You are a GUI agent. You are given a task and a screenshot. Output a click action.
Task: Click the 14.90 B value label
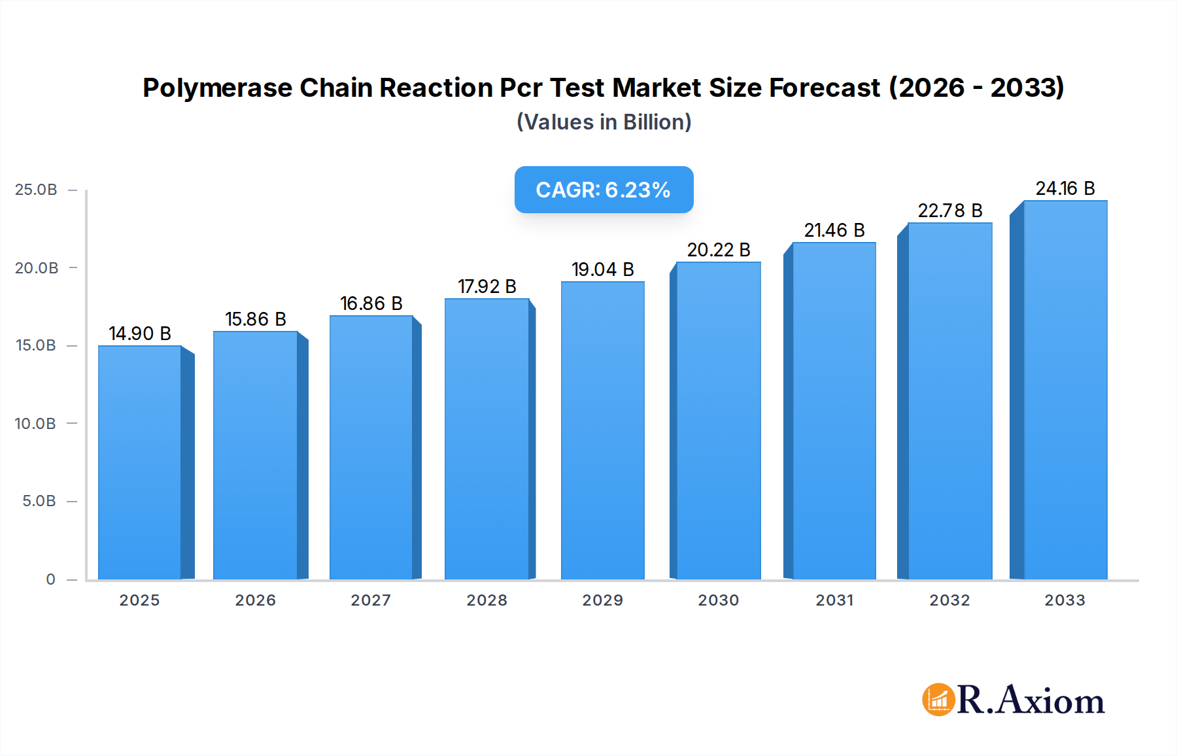pos(139,334)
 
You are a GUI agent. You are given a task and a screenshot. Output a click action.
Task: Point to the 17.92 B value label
pos(486,286)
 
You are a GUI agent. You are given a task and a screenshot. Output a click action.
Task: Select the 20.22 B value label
pos(718,250)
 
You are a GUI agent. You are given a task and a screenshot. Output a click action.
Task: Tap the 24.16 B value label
pos(1065,188)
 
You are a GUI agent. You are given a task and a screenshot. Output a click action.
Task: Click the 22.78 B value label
pos(949,211)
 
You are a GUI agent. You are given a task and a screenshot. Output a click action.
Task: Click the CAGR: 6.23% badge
pos(604,190)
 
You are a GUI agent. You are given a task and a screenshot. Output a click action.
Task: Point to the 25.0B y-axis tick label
pos(36,190)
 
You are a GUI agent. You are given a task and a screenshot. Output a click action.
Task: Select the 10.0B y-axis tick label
pos(35,424)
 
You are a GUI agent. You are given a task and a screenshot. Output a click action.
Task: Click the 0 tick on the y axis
pos(50,579)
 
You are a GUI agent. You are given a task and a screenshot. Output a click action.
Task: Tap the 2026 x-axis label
pos(255,600)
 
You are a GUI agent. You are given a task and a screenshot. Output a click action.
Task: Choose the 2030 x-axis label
pos(718,600)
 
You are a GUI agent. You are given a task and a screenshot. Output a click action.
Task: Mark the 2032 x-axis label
pos(949,600)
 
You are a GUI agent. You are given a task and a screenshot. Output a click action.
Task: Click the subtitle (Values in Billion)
pos(604,122)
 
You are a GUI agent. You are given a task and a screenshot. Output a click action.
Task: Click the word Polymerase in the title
pos(217,88)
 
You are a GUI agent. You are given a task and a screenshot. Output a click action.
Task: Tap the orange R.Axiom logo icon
pos(938,700)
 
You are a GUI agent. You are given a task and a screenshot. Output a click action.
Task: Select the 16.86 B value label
pos(371,303)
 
